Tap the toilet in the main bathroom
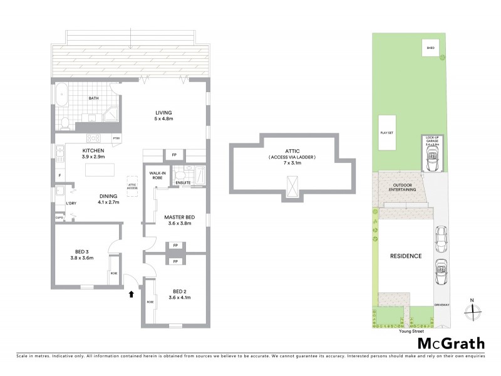click(x=65, y=120)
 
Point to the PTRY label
click(x=116, y=138)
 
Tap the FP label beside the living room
click(x=173, y=154)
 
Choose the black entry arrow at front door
click(x=131, y=292)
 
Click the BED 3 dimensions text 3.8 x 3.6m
click(x=82, y=258)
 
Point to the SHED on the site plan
click(x=430, y=48)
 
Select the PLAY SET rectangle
click(x=386, y=133)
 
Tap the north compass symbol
click(x=473, y=308)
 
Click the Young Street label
click(x=410, y=332)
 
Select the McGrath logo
click(x=450, y=343)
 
